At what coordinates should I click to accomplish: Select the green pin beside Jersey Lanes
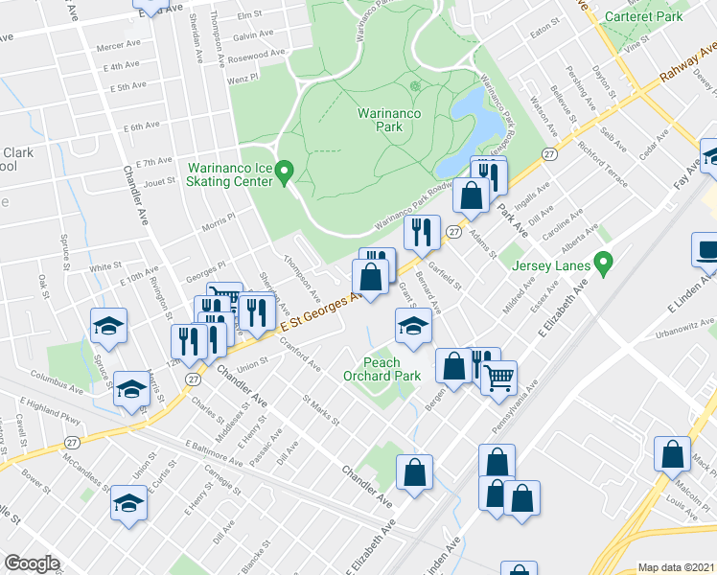[603, 260]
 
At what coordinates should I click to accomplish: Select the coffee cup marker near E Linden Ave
[708, 251]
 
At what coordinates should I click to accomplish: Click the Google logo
[32, 563]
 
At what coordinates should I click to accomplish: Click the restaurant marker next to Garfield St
[422, 230]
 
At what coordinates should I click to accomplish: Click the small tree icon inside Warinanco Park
[415, 87]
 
